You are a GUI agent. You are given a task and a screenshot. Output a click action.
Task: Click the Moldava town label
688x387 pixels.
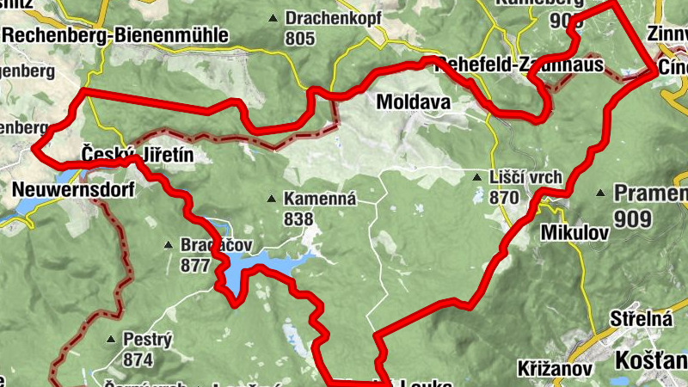414,102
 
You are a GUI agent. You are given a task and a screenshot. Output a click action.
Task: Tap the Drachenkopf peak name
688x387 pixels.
334,17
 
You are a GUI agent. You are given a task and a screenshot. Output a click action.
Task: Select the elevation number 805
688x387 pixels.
299,38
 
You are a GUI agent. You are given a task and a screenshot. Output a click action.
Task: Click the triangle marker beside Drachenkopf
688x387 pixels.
273,18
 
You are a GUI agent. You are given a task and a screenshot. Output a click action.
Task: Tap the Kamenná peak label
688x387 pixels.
320,199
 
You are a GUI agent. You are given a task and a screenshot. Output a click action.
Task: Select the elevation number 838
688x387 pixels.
298,219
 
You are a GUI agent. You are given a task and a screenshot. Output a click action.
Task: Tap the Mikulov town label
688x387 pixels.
574,232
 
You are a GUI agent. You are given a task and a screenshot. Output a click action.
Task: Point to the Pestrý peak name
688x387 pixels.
148,339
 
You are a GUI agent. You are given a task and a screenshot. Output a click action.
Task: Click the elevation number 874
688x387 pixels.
138,359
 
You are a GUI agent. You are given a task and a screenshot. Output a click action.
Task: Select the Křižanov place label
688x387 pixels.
556,368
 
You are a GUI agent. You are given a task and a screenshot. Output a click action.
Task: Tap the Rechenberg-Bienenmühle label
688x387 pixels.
116,35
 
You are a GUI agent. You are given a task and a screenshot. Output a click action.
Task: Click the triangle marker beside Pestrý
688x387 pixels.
111,340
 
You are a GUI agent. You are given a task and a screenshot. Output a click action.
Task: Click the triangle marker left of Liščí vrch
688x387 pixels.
477,178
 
